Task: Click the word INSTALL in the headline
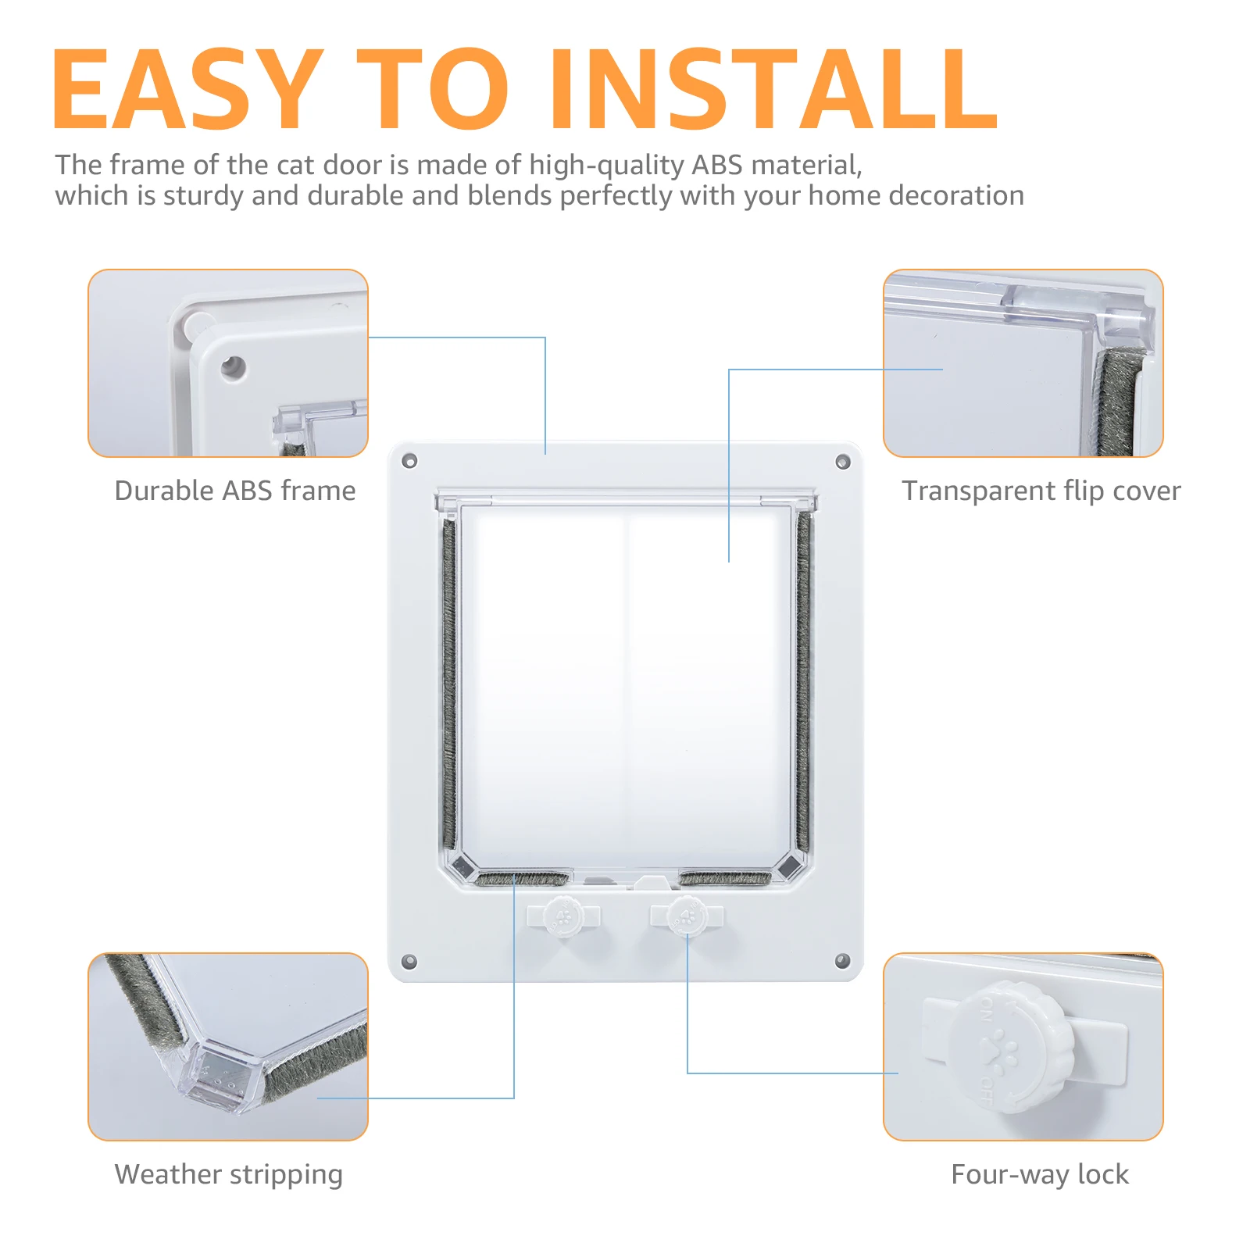773,90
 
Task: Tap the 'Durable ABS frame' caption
234,491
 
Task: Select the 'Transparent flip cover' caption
1041,491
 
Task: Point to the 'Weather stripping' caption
228,1174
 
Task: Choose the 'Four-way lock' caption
1039,1174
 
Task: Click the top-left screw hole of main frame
409,461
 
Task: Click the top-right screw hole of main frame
842,462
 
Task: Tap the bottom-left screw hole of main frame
409,961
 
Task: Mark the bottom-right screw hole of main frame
842,960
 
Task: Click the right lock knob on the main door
687,916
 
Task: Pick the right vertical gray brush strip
804,680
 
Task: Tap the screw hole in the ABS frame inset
233,366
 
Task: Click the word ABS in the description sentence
716,165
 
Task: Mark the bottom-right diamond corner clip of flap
790,865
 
